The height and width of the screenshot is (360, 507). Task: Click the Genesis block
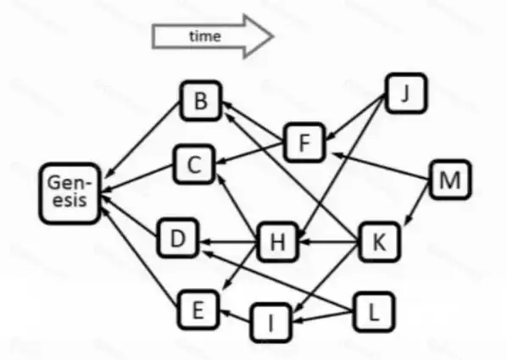tap(70, 194)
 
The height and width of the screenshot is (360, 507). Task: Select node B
tap(201, 101)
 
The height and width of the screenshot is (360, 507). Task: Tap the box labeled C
tap(194, 164)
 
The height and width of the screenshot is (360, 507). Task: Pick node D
tap(178, 238)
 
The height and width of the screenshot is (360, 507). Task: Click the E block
tap(198, 310)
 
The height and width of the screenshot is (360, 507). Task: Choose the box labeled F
tap(304, 142)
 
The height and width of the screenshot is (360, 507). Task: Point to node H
tap(278, 241)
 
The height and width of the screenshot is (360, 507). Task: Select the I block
tap(271, 323)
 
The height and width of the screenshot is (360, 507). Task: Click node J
tap(406, 93)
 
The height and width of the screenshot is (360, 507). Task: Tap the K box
tap(380, 241)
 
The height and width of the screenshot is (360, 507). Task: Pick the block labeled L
tap(374, 312)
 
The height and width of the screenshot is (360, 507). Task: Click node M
tap(450, 180)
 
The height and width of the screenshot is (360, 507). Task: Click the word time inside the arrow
tap(205, 36)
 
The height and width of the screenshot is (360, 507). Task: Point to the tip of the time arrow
tap(274, 36)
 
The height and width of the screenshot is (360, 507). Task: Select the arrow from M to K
tap(417, 202)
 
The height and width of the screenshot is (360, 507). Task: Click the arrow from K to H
tap(328, 241)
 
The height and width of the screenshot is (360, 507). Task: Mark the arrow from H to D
tap(229, 241)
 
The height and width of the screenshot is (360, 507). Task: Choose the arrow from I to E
tap(236, 316)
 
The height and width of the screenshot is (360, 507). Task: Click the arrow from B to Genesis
tap(142, 140)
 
